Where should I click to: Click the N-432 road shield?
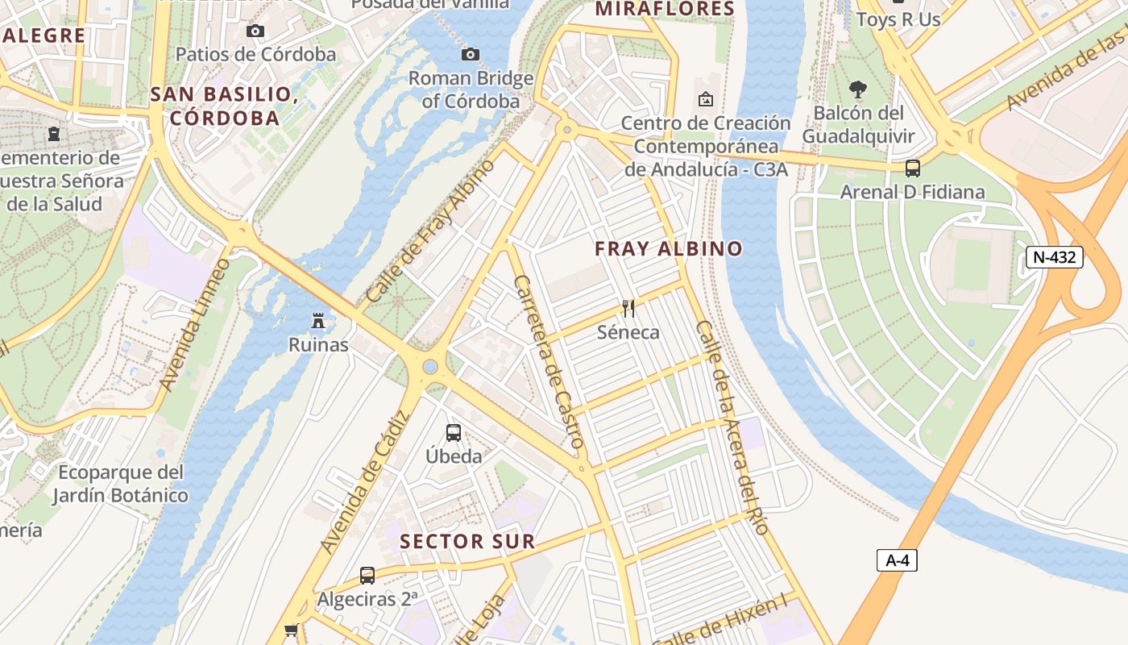click(x=1054, y=257)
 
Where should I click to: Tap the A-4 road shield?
click(x=897, y=560)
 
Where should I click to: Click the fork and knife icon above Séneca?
click(x=628, y=308)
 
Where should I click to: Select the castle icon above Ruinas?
click(x=319, y=321)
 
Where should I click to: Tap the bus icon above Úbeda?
click(x=454, y=433)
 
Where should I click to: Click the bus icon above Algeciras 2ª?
click(x=367, y=576)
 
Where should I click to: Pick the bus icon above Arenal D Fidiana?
click(x=912, y=169)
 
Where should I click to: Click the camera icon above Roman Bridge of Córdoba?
click(x=471, y=54)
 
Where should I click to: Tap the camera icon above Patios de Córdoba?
click(x=255, y=31)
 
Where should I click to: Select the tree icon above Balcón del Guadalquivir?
click(x=858, y=89)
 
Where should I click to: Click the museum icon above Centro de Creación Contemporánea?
click(x=706, y=99)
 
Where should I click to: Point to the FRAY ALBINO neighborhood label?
click(x=669, y=249)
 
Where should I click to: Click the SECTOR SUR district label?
click(x=467, y=542)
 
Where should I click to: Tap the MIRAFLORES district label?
click(x=665, y=10)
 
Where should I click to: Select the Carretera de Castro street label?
click(x=548, y=361)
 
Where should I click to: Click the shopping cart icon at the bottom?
click(x=291, y=630)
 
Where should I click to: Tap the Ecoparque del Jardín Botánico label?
click(x=121, y=484)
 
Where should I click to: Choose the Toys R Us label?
click(x=898, y=19)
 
